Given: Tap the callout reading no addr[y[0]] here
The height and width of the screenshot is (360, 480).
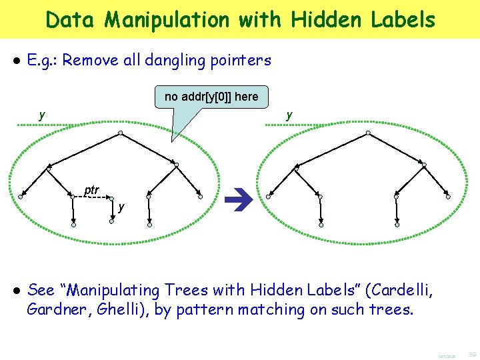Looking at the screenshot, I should (211, 97).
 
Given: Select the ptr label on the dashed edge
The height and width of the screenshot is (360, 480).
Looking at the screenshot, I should (92, 190).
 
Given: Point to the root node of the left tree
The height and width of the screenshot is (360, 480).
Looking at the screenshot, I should (121, 133).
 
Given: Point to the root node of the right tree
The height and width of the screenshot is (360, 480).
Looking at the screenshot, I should (368, 133).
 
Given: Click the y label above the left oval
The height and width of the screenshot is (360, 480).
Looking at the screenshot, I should (42, 115).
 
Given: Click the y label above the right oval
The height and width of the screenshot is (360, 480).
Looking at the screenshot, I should (289, 115).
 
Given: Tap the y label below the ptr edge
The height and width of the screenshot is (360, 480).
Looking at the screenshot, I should (121, 207).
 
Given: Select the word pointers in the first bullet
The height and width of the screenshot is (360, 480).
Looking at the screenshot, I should (238, 61).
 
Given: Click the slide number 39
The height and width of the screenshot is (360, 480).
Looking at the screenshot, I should (472, 353).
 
